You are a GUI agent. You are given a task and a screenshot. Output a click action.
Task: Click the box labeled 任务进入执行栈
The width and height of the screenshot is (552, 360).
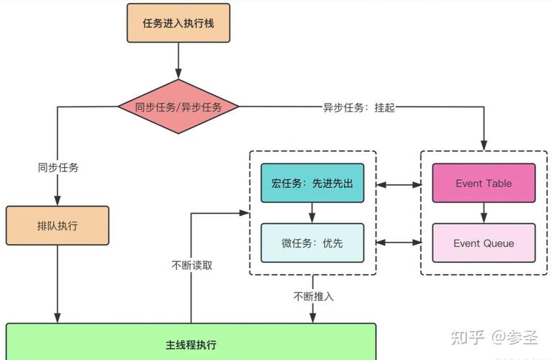[178, 22]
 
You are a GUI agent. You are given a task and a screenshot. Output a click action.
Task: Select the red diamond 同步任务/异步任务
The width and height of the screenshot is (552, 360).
[178, 107]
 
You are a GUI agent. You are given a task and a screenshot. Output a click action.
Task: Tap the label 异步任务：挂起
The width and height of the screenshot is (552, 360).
[358, 107]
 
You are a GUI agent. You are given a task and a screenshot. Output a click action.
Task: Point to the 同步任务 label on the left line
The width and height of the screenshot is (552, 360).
[58, 167]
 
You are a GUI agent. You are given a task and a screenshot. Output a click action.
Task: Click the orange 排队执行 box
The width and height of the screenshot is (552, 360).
[58, 225]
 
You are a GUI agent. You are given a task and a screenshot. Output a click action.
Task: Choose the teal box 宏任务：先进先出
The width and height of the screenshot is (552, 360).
[312, 184]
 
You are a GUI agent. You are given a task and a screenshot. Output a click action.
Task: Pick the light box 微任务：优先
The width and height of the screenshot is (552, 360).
[312, 243]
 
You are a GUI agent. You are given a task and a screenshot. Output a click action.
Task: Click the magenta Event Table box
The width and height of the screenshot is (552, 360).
[484, 184]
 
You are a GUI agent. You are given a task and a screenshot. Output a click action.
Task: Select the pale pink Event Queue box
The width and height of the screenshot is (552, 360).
[484, 243]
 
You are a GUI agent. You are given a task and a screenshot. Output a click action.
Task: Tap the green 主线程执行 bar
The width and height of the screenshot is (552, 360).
[191, 343]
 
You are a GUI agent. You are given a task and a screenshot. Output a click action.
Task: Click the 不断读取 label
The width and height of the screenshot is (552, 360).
[192, 265]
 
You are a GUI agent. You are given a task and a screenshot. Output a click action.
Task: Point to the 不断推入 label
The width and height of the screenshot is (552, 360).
[313, 296]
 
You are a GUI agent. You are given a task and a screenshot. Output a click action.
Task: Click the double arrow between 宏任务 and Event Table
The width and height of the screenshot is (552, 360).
[398, 184]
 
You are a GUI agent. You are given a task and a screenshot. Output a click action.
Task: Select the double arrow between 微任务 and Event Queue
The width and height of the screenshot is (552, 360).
[398, 243]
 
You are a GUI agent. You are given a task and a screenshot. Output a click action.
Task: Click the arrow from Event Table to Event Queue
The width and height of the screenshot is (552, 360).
[484, 213]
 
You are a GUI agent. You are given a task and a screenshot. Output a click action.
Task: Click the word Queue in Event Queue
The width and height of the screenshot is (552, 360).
[499, 243]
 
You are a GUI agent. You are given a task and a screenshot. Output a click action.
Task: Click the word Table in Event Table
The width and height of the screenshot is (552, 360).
[498, 184]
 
